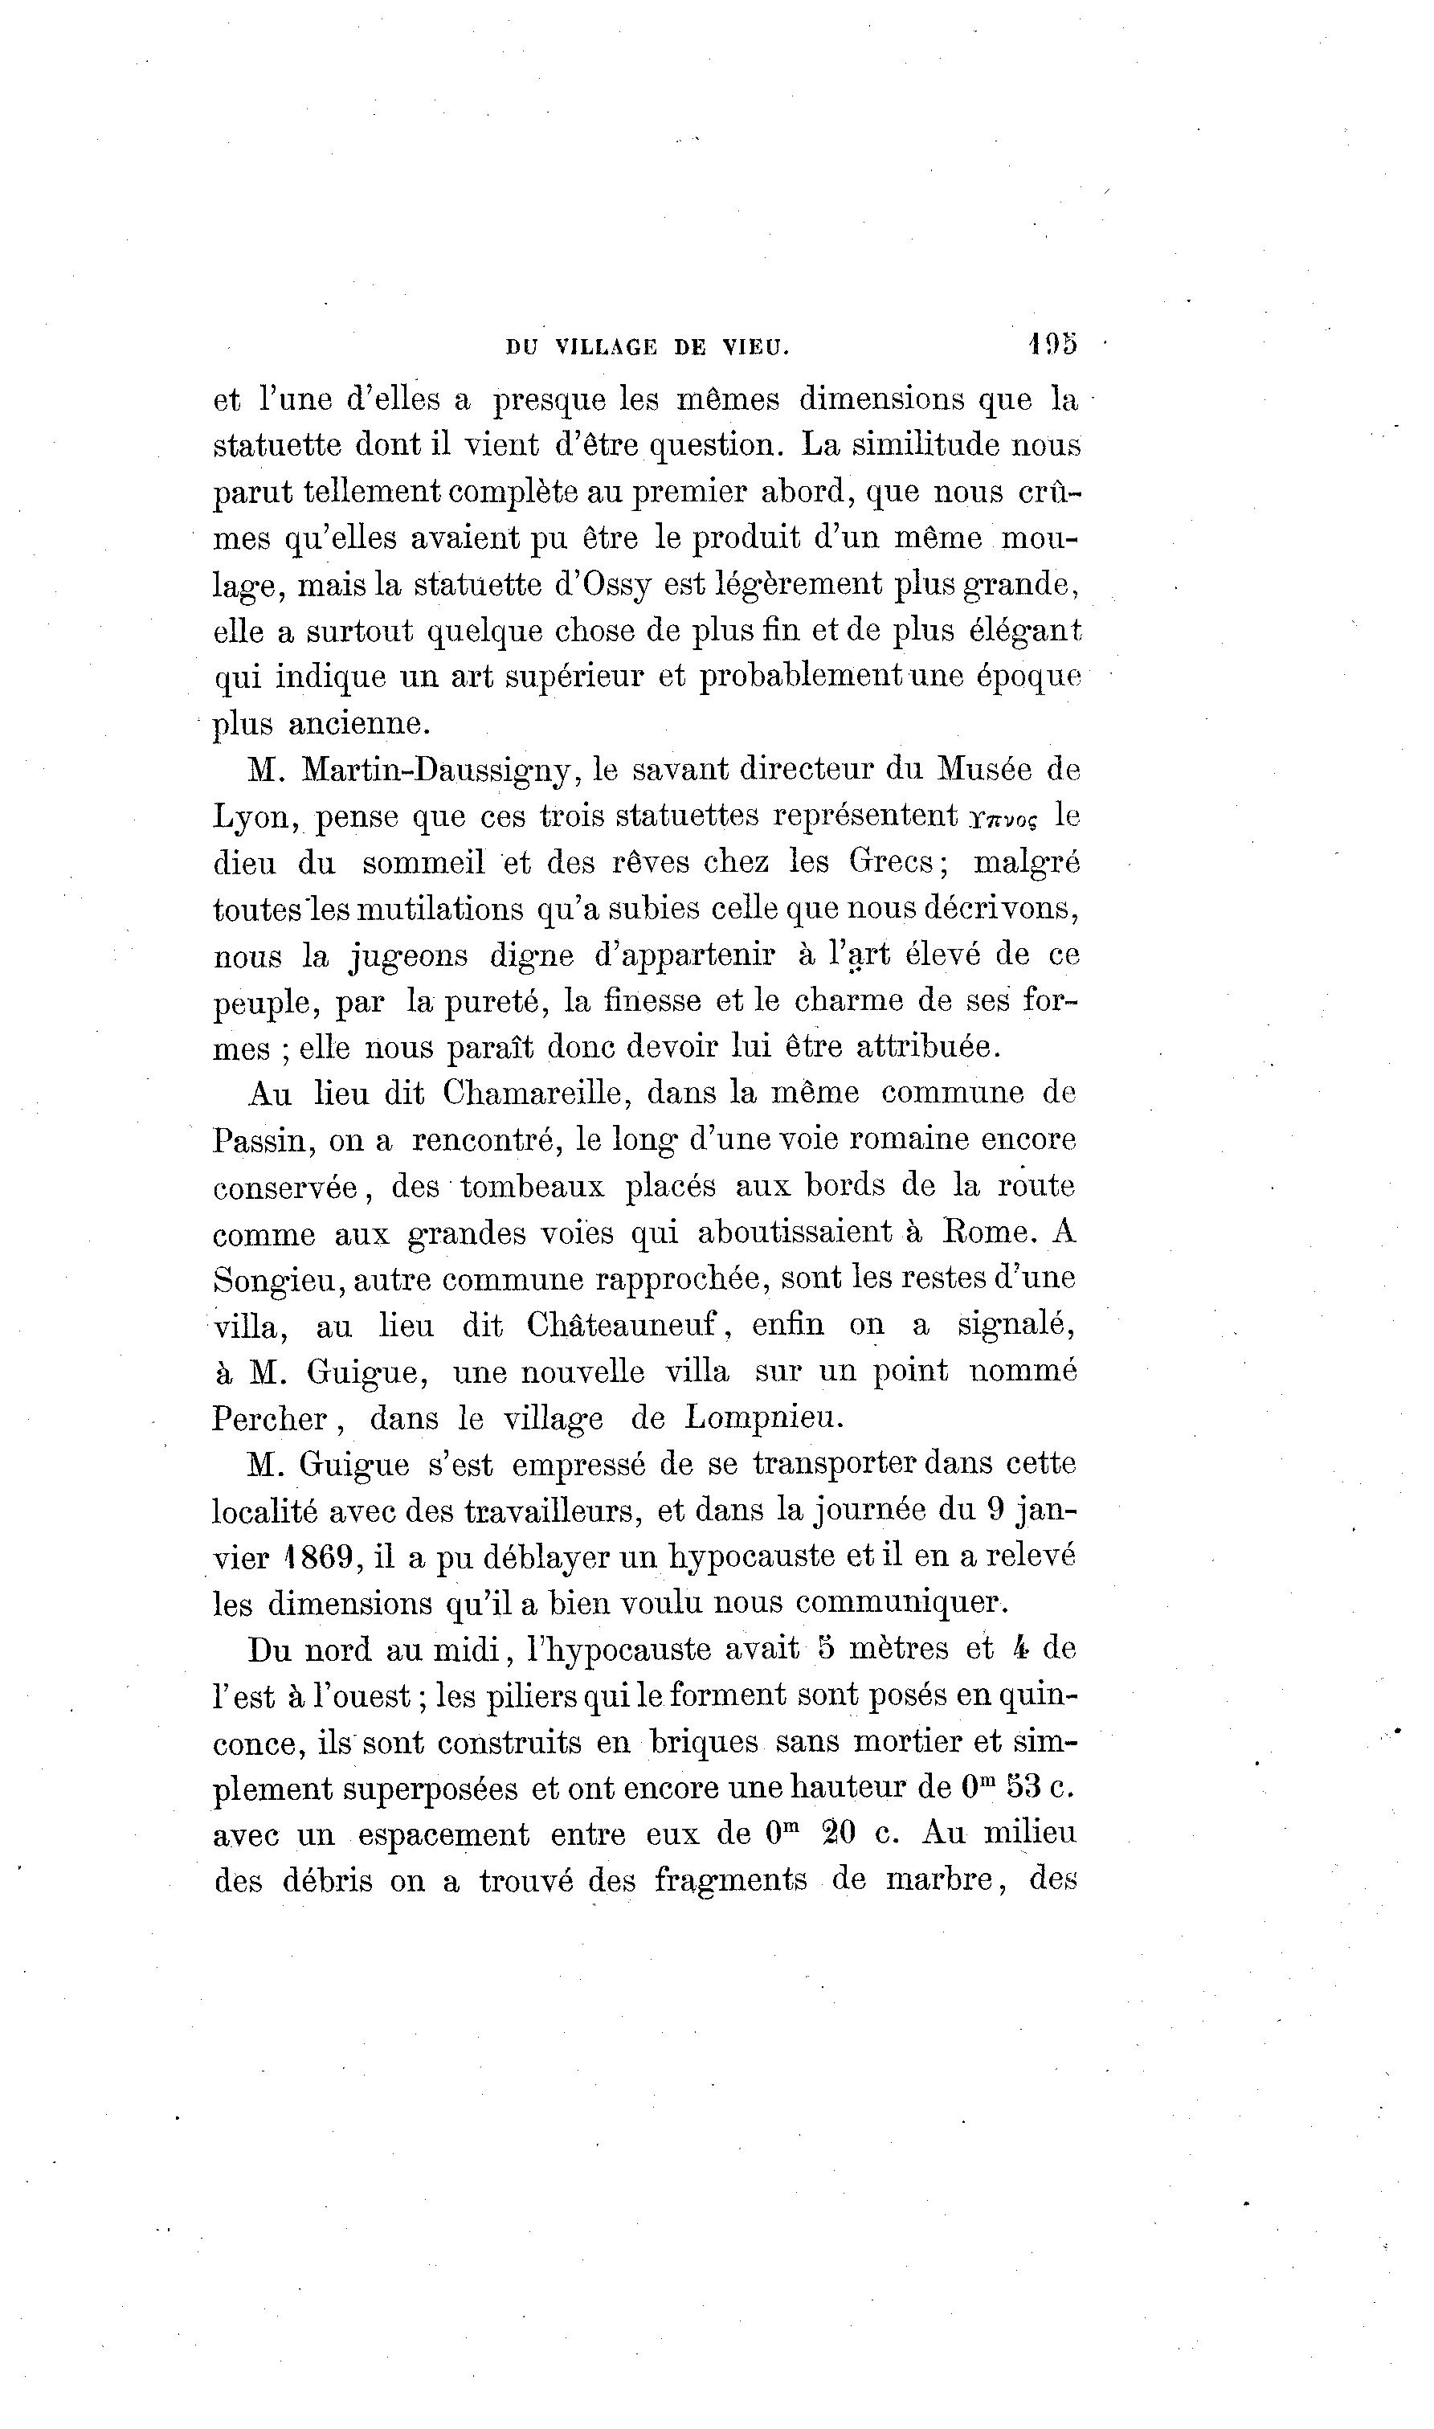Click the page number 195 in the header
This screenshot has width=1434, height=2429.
tap(1052, 344)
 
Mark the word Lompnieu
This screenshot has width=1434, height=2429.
tap(764, 1417)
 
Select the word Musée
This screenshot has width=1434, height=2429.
tap(985, 770)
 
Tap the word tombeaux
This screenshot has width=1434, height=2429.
tap(532, 1187)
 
